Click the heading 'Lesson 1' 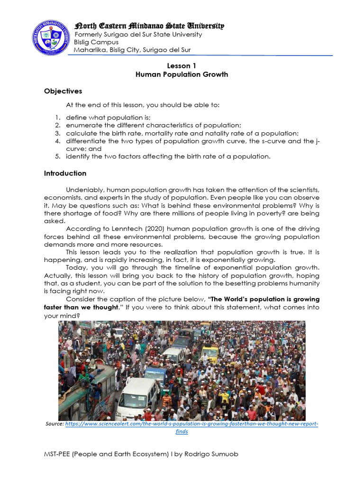[182, 66]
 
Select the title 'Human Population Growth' [182, 75]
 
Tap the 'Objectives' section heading [63, 91]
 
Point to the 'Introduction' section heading [65, 174]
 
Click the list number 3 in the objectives [57, 133]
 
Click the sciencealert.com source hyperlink [191, 424]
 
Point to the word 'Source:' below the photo [55, 424]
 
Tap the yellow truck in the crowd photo [209, 354]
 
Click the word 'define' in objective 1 [76, 117]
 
